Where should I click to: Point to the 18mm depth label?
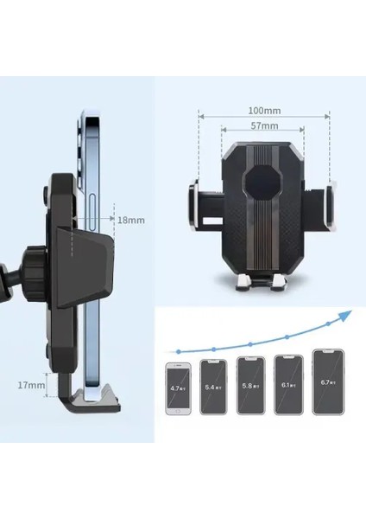tap(131, 221)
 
